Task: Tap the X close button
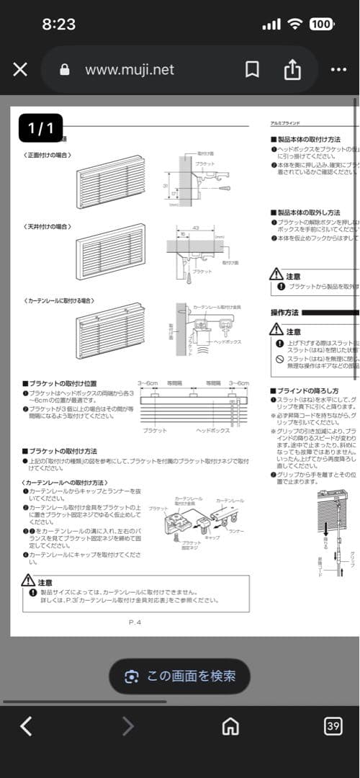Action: click(x=20, y=69)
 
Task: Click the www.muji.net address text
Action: click(x=130, y=69)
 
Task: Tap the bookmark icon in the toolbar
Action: click(x=252, y=69)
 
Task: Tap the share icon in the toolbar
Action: click(x=292, y=69)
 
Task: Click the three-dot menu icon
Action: click(x=338, y=69)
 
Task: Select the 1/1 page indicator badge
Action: click(x=40, y=129)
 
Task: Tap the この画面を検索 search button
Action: click(x=180, y=676)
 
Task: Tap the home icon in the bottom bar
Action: click(x=230, y=726)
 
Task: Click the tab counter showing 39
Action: click(x=333, y=726)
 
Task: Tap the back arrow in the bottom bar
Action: click(x=26, y=726)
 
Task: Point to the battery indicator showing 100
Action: click(x=321, y=24)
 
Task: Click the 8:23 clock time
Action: click(x=59, y=24)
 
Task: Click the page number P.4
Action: click(x=135, y=622)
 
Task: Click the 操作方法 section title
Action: click(x=284, y=313)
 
